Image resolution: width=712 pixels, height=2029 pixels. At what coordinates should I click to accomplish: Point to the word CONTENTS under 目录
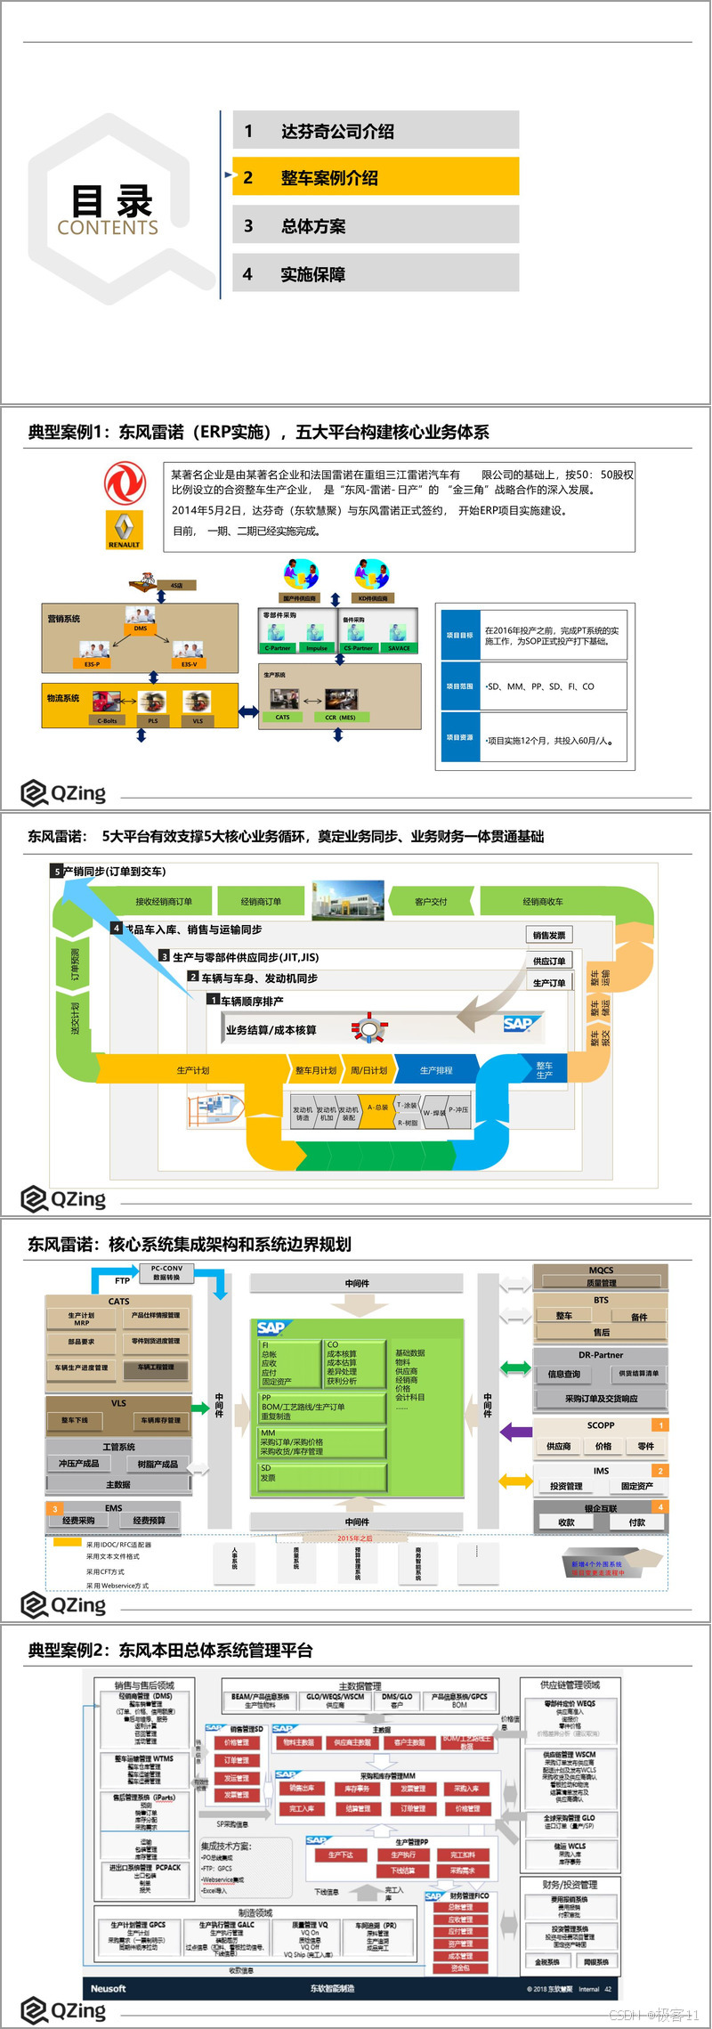pyautogui.click(x=108, y=228)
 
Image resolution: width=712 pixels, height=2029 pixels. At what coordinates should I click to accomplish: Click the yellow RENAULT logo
pyautogui.click(x=124, y=529)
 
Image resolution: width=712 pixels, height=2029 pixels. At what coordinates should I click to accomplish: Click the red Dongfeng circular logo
pyautogui.click(x=125, y=483)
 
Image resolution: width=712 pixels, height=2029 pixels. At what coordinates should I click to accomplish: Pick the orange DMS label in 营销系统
pyautogui.click(x=141, y=629)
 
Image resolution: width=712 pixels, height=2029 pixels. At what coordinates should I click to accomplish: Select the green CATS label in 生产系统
pyautogui.click(x=282, y=717)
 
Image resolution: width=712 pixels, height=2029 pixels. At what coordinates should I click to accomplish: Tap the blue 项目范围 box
pyautogui.click(x=460, y=686)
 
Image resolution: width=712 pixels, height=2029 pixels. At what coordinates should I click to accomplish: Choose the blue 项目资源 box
pyautogui.click(x=460, y=737)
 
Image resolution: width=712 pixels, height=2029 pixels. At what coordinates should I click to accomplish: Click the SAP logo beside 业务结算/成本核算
pyautogui.click(x=518, y=1024)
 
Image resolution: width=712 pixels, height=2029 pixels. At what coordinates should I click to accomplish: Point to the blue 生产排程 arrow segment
pyautogui.click(x=436, y=1070)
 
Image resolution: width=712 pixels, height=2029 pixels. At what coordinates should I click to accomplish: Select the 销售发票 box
pyautogui.click(x=549, y=935)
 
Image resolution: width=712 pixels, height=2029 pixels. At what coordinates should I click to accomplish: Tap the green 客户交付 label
pyautogui.click(x=431, y=902)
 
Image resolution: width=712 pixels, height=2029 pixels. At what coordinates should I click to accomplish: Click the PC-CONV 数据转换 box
pyautogui.click(x=166, y=1272)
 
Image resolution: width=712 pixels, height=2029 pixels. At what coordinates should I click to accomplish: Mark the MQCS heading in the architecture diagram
pyautogui.click(x=601, y=1270)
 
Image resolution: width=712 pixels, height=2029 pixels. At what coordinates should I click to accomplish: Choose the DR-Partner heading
pyautogui.click(x=601, y=1354)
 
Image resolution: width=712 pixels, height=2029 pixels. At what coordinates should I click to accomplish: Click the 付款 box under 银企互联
pyautogui.click(x=636, y=1522)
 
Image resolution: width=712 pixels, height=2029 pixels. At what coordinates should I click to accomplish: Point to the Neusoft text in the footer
pyautogui.click(x=109, y=1988)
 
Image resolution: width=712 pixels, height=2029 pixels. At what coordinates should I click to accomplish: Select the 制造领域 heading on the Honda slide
pyautogui.click(x=255, y=1912)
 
